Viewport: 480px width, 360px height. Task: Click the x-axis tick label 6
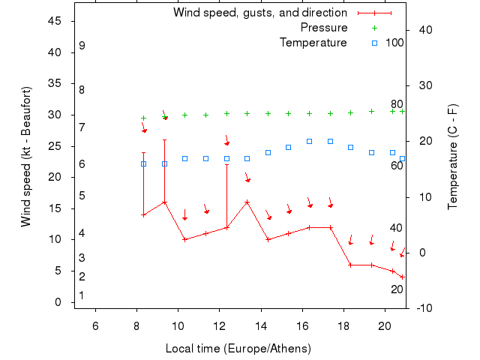(95, 326)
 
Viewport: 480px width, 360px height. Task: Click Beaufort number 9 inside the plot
(82, 46)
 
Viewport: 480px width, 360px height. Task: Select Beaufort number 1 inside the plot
(82, 295)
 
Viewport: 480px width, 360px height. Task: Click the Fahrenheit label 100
(395, 43)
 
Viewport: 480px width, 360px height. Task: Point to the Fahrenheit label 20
(397, 289)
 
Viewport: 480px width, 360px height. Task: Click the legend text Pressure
(324, 28)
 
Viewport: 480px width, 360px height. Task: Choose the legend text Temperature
(313, 43)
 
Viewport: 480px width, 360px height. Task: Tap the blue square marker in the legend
(375, 43)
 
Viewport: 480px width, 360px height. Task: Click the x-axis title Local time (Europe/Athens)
(238, 349)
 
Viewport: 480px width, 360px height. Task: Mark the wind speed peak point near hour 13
(247, 202)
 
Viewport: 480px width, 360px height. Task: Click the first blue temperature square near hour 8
(143, 163)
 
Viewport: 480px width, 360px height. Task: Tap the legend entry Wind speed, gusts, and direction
(260, 13)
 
